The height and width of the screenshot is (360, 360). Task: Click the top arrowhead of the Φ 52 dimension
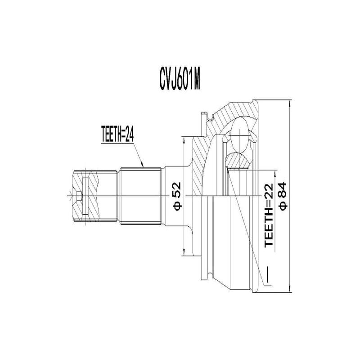tap(184, 137)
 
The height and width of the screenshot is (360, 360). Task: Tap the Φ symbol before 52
tap(177, 207)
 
